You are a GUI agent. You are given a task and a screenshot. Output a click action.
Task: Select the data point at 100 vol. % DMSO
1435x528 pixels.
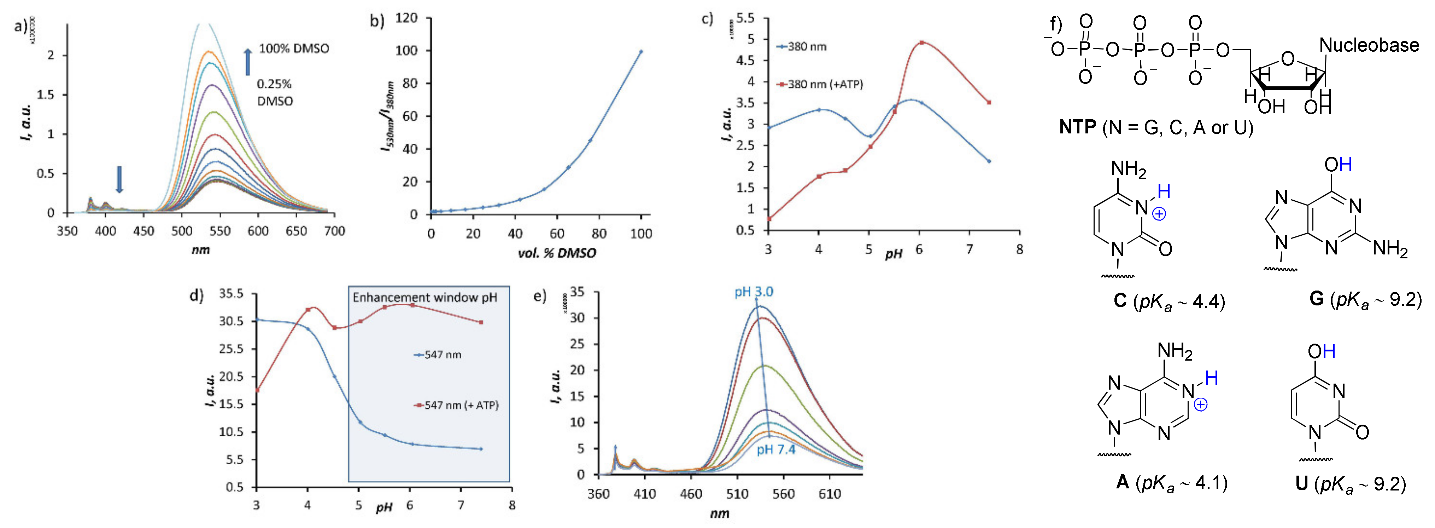tap(640, 52)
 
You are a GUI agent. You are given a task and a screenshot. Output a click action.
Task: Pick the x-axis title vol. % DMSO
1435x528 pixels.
tap(557, 254)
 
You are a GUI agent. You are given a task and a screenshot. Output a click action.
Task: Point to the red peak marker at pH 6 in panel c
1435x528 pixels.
tap(921, 42)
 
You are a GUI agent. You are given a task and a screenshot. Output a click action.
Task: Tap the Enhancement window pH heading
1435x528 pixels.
tap(424, 298)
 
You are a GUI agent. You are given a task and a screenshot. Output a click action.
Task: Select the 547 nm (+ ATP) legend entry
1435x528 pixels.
tap(456, 405)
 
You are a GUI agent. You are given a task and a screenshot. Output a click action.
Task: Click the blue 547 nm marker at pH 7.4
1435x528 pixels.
tap(481, 449)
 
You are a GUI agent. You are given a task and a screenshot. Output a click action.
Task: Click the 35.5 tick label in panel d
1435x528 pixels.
tap(230, 294)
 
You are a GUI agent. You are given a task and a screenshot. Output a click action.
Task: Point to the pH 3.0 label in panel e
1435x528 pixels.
tap(753, 292)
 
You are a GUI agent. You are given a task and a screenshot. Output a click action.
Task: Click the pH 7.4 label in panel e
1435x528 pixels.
tap(775, 449)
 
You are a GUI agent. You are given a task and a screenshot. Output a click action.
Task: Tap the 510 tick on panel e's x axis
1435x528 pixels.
tap(737, 494)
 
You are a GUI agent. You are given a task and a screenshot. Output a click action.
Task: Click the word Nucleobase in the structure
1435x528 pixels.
tap(1369, 45)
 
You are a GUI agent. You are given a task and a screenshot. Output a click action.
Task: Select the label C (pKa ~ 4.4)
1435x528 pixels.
tap(1169, 302)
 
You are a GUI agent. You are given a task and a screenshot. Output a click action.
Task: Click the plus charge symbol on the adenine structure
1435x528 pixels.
tap(1200, 405)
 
